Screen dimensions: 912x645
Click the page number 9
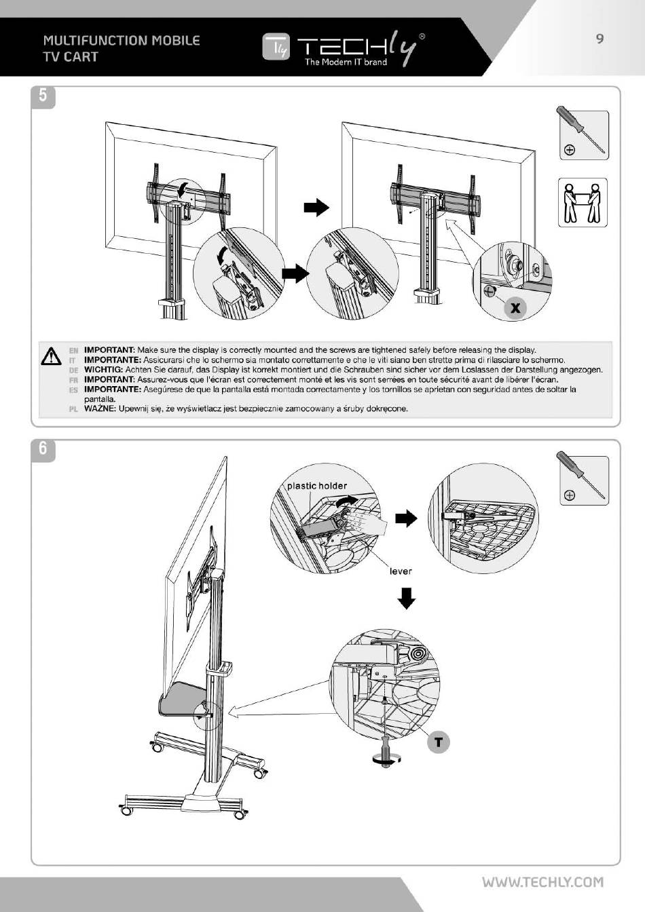(600, 39)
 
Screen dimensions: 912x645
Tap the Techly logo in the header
(344, 48)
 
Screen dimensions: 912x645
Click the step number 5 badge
(43, 96)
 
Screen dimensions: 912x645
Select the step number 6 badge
(43, 449)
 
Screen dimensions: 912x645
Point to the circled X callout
(515, 308)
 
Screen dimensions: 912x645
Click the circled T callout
(438, 742)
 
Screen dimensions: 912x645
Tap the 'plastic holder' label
(316, 486)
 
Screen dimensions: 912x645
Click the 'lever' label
(401, 571)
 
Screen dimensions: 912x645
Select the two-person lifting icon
(583, 203)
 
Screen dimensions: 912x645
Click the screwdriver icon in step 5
(583, 134)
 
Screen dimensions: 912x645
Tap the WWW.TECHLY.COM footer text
(542, 882)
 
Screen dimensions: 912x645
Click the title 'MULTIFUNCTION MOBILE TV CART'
(122, 48)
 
